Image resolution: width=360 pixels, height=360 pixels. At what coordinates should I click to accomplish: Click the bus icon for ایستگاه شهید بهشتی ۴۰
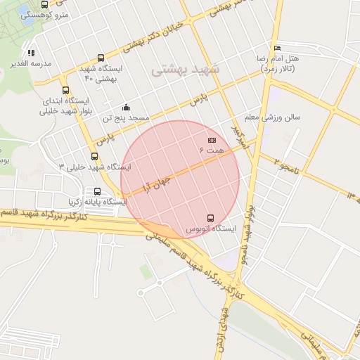point(101,58)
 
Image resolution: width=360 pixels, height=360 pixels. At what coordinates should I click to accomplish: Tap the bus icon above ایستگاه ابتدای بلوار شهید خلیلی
point(65,90)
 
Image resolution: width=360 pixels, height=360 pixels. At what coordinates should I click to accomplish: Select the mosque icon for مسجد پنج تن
point(126,107)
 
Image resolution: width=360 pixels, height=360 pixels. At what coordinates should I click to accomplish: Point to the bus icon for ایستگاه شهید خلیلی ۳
point(94,156)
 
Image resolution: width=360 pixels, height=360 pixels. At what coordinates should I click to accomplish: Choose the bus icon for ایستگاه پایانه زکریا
point(96,191)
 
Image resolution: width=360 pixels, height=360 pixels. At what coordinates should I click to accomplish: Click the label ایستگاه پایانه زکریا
point(96,202)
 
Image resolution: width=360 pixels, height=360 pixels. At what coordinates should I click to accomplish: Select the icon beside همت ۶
point(212,141)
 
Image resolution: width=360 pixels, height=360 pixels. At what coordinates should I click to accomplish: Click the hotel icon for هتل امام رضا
point(277,48)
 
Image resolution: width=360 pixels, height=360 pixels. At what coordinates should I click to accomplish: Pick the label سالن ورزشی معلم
point(272,117)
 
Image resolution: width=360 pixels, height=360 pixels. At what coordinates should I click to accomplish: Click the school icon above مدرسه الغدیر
point(31,53)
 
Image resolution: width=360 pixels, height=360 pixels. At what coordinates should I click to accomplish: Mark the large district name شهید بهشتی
point(185,70)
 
